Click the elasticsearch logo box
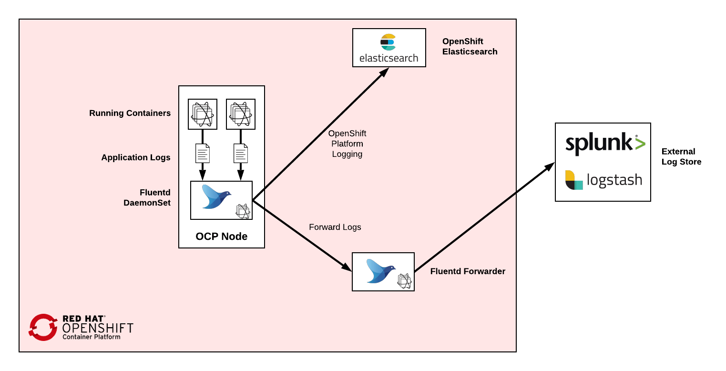[389, 48]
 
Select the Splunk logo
[605, 144]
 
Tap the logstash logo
[603, 180]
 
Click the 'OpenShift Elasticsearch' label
[470, 47]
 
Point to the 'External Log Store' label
[681, 156]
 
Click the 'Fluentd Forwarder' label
[467, 271]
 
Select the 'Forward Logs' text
[335, 227]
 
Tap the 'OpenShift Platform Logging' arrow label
[347, 144]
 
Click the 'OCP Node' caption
[221, 237]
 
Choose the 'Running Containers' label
[130, 113]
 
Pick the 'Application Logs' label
[135, 157]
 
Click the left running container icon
[203, 114]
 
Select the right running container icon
[240, 114]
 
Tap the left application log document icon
[203, 153]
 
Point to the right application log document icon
[240, 153]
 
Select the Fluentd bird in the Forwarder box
[380, 271]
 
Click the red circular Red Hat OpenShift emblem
[43, 327]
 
